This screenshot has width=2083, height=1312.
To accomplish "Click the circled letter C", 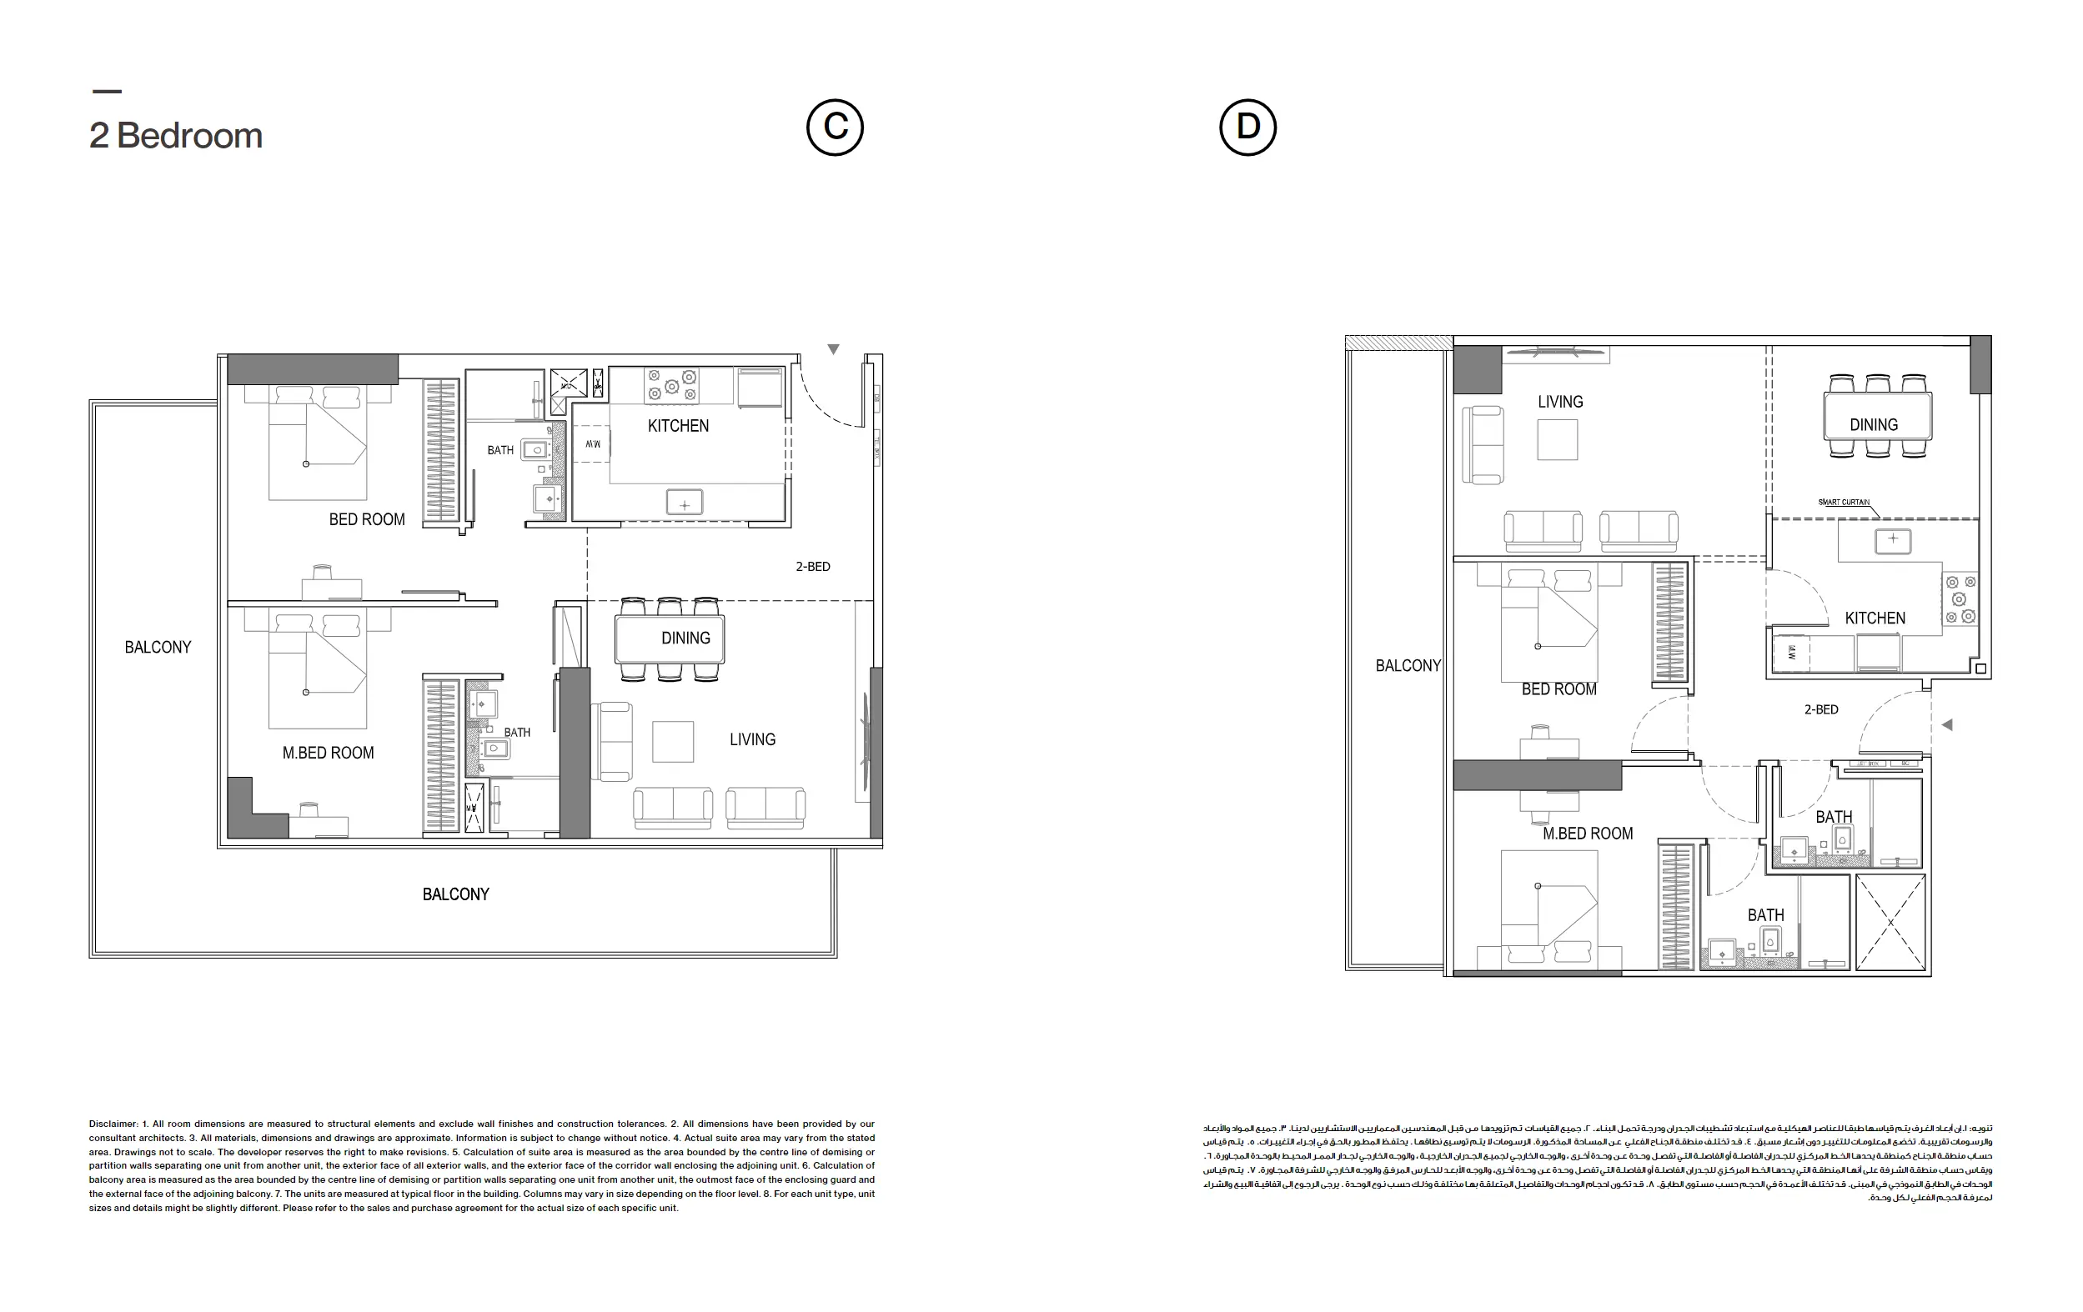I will pyautogui.click(x=835, y=128).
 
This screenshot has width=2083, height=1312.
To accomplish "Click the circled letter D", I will pyautogui.click(x=1247, y=128).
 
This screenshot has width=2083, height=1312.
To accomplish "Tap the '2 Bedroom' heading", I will pyautogui.click(x=176, y=136).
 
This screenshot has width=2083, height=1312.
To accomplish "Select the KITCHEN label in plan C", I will pyautogui.click(x=678, y=425).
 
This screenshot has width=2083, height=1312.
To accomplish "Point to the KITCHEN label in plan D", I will pyautogui.click(x=1875, y=618).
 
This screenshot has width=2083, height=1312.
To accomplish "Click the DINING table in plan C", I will pyautogui.click(x=670, y=638).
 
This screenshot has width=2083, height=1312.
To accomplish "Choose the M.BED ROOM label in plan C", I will pyautogui.click(x=328, y=753).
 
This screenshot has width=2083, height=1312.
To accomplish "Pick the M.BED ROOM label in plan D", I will pyautogui.click(x=1588, y=833).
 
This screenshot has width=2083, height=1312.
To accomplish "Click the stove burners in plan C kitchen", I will pyautogui.click(x=672, y=386).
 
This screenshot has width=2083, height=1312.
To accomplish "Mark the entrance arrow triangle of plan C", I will pyautogui.click(x=833, y=349).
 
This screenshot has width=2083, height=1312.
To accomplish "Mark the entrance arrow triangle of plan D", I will pyautogui.click(x=1947, y=724).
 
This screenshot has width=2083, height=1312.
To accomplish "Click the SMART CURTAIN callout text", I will pyautogui.click(x=1844, y=502).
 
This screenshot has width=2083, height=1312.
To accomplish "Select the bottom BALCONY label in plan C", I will pyautogui.click(x=455, y=894).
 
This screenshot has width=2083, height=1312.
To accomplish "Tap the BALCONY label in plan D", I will pyautogui.click(x=1408, y=665).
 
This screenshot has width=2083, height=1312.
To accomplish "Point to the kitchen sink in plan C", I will pyautogui.click(x=685, y=503).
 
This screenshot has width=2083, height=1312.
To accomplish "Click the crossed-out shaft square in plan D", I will pyautogui.click(x=1890, y=922).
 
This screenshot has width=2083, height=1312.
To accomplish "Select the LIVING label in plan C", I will pyautogui.click(x=751, y=739).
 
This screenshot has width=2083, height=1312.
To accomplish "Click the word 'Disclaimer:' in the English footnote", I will pyautogui.click(x=113, y=1124).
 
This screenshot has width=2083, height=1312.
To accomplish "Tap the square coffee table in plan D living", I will pyautogui.click(x=1557, y=439).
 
